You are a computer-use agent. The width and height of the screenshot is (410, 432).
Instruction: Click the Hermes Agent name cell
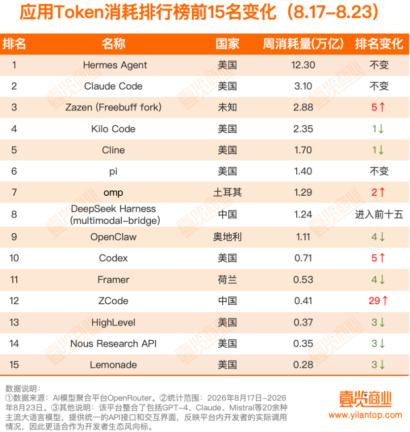click(115, 65)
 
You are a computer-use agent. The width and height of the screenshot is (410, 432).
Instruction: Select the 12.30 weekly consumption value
click(303, 65)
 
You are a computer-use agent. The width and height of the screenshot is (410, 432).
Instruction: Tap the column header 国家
click(227, 44)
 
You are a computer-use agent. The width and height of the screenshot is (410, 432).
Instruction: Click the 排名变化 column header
click(379, 44)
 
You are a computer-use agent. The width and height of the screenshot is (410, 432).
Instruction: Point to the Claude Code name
click(113, 86)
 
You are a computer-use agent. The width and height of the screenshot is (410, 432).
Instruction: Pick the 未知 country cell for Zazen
click(227, 107)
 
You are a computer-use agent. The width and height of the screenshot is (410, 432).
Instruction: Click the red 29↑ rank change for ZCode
click(378, 301)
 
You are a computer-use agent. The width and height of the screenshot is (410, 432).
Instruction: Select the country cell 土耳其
click(227, 192)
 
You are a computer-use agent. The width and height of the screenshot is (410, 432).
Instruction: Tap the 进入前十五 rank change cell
click(379, 215)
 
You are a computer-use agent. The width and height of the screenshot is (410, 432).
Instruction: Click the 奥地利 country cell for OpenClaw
click(227, 237)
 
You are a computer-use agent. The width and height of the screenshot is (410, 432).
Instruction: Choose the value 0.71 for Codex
click(303, 258)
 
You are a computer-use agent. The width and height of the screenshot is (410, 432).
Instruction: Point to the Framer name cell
click(113, 280)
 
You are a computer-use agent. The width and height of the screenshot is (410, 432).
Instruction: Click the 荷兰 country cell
click(227, 280)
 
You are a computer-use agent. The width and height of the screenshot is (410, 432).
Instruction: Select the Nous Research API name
click(113, 344)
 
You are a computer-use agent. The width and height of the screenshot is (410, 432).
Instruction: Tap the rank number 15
click(14, 365)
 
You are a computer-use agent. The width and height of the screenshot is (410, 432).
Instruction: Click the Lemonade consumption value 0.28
click(303, 365)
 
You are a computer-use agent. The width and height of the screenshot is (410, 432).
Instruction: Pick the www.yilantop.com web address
click(365, 415)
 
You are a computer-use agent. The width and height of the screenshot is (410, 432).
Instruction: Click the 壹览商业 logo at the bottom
click(365, 399)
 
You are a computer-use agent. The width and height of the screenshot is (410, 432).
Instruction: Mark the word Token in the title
click(79, 12)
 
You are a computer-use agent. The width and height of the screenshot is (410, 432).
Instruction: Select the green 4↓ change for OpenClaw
click(378, 237)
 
